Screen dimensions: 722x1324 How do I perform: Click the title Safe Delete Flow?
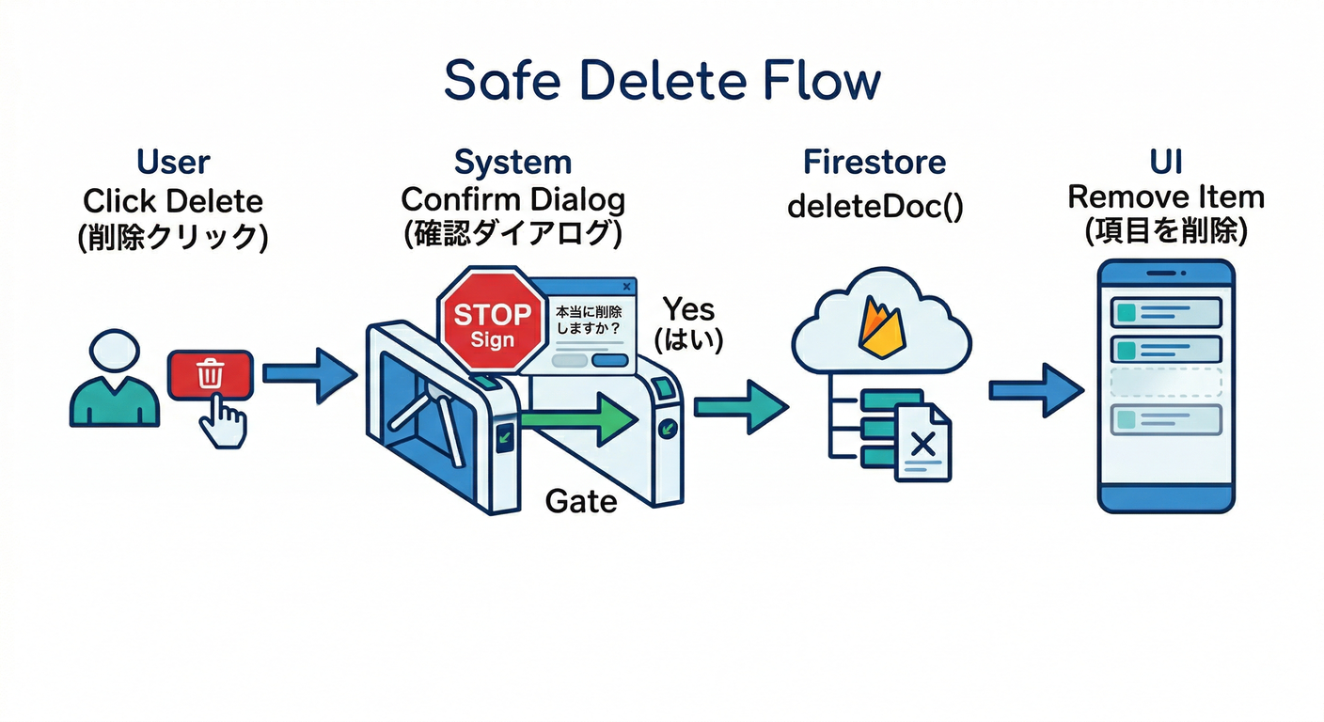(x=662, y=81)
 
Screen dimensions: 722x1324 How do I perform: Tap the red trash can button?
(x=211, y=374)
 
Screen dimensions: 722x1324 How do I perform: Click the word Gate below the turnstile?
(x=580, y=501)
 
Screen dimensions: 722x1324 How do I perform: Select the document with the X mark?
(x=922, y=442)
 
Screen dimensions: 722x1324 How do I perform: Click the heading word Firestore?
(x=875, y=162)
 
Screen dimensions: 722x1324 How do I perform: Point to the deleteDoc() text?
(x=875, y=205)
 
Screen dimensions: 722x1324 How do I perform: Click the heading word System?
(x=512, y=162)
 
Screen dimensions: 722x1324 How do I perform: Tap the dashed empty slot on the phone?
(x=1166, y=384)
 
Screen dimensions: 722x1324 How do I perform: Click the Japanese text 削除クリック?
(x=173, y=236)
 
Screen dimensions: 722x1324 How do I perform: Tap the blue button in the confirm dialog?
(x=610, y=360)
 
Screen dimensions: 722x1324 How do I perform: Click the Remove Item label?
(x=1166, y=197)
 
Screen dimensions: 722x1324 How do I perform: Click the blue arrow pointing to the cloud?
(x=740, y=406)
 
